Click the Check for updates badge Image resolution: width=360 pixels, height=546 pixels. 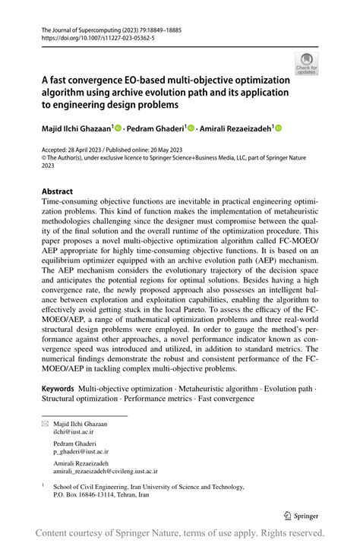click(x=306, y=62)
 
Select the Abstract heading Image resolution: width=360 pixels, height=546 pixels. click(x=57, y=191)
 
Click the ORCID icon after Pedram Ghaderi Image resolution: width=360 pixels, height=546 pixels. click(x=191, y=128)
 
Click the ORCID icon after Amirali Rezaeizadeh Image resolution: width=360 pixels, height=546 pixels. click(x=278, y=128)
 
